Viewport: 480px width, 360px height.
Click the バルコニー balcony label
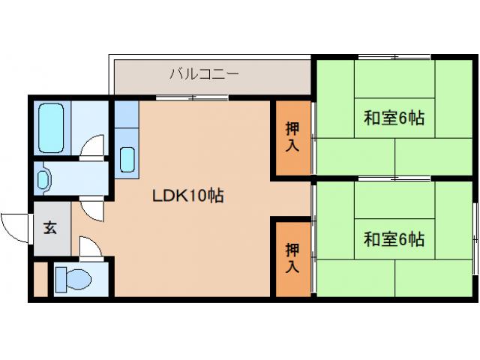click(x=204, y=73)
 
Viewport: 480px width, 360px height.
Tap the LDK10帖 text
click(x=188, y=196)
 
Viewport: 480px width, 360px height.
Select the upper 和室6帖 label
click(x=394, y=118)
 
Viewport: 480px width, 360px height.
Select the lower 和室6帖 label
click(x=394, y=239)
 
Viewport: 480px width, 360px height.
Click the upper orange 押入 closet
click(x=291, y=137)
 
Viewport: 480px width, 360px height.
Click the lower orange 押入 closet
click(x=291, y=256)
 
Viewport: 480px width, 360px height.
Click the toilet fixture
click(x=74, y=278)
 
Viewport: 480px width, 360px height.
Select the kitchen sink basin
click(x=127, y=160)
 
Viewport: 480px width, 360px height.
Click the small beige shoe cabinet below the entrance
click(x=40, y=278)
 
